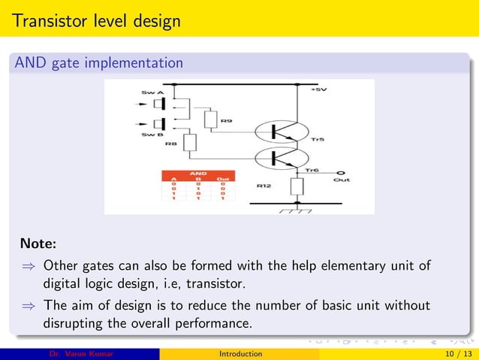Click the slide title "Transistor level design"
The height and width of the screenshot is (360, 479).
click(96, 20)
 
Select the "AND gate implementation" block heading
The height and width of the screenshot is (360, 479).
click(98, 63)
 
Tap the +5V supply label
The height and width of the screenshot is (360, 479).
click(319, 89)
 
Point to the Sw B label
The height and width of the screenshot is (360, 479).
click(152, 135)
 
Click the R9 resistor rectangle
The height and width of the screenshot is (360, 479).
click(210, 119)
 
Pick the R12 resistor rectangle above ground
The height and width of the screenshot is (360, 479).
click(298, 186)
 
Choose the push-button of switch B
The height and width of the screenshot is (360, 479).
click(159, 123)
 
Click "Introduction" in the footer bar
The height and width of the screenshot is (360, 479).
click(240, 353)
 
